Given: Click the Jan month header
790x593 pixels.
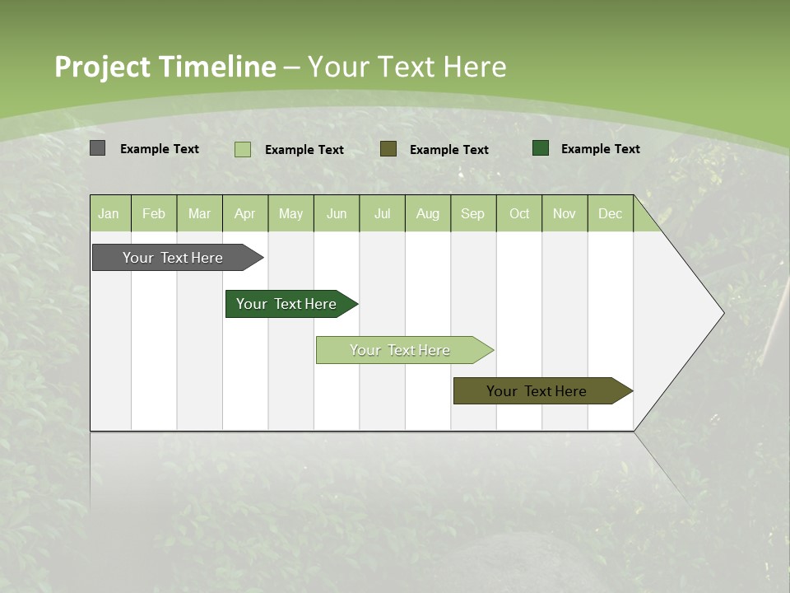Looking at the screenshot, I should [109, 213].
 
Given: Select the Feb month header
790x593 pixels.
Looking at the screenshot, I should [154, 213].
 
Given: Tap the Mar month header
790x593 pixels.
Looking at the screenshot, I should [199, 213].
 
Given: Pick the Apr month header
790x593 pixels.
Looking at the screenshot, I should [245, 213].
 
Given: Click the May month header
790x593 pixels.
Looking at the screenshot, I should [290, 213].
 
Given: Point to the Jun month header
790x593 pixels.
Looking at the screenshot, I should [337, 213].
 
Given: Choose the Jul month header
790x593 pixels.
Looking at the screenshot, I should [382, 213].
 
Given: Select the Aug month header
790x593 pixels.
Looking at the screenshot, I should [428, 213].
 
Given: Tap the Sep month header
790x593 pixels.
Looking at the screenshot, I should [473, 213].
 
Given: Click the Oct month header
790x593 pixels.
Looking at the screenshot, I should [519, 213].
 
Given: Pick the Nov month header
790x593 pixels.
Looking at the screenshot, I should [565, 213].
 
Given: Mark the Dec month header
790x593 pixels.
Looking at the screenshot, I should [610, 213].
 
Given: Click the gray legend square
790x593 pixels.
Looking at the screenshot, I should [97, 148].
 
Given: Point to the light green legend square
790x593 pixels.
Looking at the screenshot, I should [243, 149].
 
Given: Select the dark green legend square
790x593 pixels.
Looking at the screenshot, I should [541, 148].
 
